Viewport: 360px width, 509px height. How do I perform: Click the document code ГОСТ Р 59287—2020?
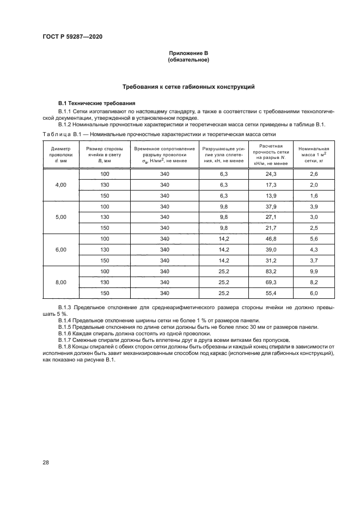point(72,36)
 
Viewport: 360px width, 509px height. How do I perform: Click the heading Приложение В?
point(188,53)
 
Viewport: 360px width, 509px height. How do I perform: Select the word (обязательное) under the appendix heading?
point(188,59)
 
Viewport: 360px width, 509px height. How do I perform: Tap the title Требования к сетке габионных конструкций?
point(188,87)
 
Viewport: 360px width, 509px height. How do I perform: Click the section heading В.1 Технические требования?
point(93,103)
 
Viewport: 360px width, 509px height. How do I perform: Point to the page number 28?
point(46,462)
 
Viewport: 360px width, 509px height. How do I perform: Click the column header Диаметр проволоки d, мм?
point(60,155)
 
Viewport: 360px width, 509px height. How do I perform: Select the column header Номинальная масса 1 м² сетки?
point(313,155)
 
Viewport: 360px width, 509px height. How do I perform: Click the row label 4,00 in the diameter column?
point(60,185)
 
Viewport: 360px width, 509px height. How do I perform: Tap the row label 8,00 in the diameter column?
point(60,282)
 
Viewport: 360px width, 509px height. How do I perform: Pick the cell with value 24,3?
point(271,174)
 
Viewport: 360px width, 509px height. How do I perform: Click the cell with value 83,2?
point(271,271)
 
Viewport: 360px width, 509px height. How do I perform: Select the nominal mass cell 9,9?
point(313,271)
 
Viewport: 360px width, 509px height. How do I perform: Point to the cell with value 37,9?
point(271,206)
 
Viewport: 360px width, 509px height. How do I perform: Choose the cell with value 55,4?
point(271,293)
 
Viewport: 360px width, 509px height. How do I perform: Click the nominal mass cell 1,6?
point(313,195)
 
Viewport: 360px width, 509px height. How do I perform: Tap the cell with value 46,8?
point(271,239)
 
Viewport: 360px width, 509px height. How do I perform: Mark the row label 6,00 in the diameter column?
point(60,250)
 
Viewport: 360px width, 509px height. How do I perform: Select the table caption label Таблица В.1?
point(61,133)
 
